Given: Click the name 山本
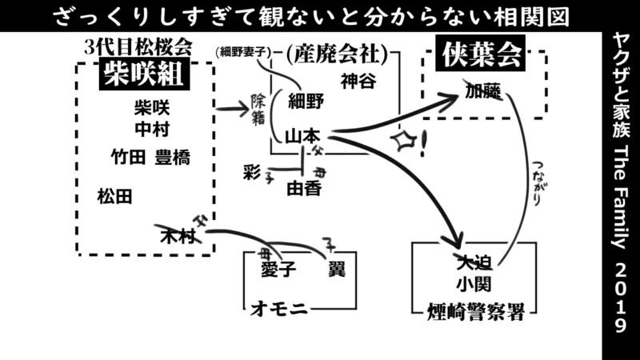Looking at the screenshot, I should [302, 137].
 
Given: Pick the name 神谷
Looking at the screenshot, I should [357, 81].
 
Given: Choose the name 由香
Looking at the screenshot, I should [304, 189].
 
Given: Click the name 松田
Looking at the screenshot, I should [114, 196].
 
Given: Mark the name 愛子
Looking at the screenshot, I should [278, 270].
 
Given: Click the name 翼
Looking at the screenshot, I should [337, 270].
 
